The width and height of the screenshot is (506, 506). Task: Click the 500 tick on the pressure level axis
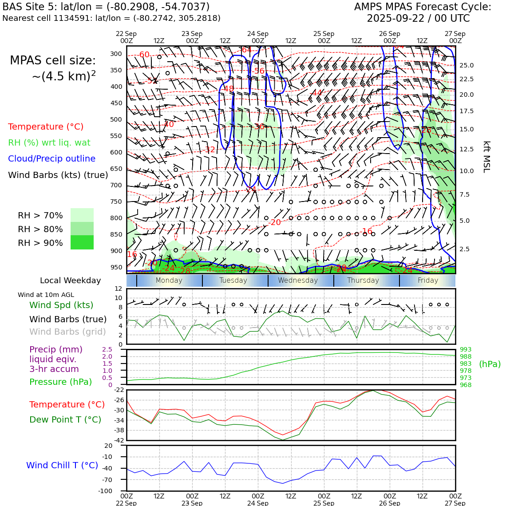tap(116, 119)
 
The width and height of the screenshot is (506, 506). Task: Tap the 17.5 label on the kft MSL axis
tap(466, 111)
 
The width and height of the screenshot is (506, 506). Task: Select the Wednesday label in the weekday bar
tap(298, 281)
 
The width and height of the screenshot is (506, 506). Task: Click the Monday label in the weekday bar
tap(169, 281)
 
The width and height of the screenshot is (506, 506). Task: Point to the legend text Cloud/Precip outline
tap(51, 158)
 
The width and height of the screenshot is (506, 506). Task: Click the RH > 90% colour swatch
tap(82, 242)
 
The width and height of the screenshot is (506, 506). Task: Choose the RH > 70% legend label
tap(40, 215)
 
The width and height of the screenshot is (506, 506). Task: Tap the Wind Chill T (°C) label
tap(62, 465)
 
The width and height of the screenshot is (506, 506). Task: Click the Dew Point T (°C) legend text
tap(65, 419)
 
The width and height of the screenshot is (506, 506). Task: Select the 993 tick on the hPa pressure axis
tap(466, 350)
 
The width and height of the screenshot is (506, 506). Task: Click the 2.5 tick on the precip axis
tap(107, 350)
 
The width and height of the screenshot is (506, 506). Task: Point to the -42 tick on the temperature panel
tap(119, 440)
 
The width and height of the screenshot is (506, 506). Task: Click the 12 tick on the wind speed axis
tap(119, 289)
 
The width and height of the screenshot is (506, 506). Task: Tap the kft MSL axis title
tap(486, 157)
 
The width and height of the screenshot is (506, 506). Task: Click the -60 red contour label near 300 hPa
tap(144, 55)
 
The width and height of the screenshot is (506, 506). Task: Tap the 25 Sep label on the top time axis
tap(324, 34)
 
